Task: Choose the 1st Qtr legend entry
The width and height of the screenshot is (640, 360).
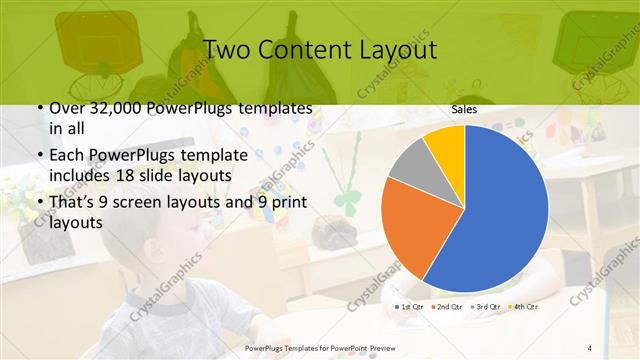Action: coord(413,306)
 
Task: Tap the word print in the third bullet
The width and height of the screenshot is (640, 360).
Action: coord(288,203)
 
